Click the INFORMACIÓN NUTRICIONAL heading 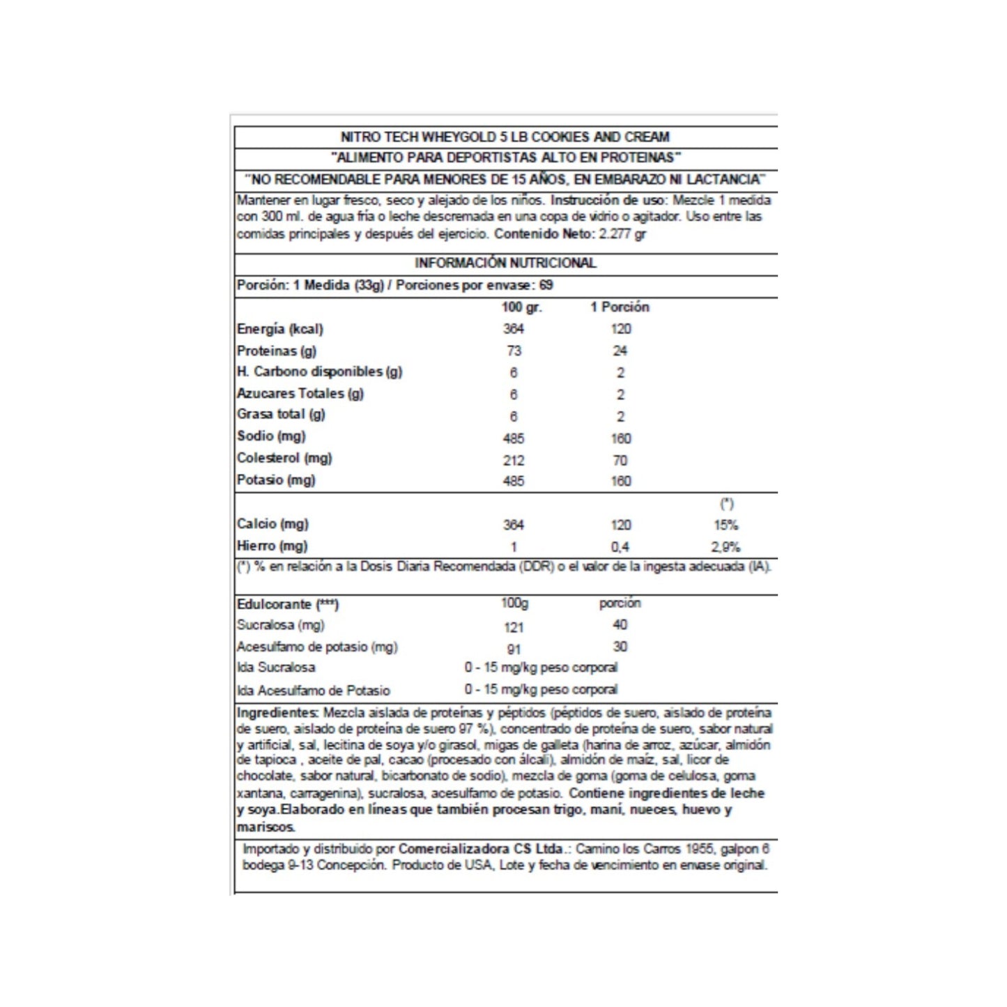tap(505, 263)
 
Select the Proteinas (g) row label tap(277, 351)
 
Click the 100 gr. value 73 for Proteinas tap(514, 351)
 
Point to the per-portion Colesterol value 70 tap(620, 460)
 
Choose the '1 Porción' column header tap(620, 307)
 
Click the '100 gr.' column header tap(521, 307)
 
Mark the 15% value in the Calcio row tap(725, 525)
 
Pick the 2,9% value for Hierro tap(725, 547)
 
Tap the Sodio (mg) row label tap(271, 436)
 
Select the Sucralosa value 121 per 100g tap(514, 627)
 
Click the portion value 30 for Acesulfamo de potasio tap(620, 647)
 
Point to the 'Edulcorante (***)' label tap(288, 604)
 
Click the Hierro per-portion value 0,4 tap(620, 547)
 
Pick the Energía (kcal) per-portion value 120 tap(620, 329)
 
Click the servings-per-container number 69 tap(546, 285)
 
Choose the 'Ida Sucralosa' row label tap(276, 668)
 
